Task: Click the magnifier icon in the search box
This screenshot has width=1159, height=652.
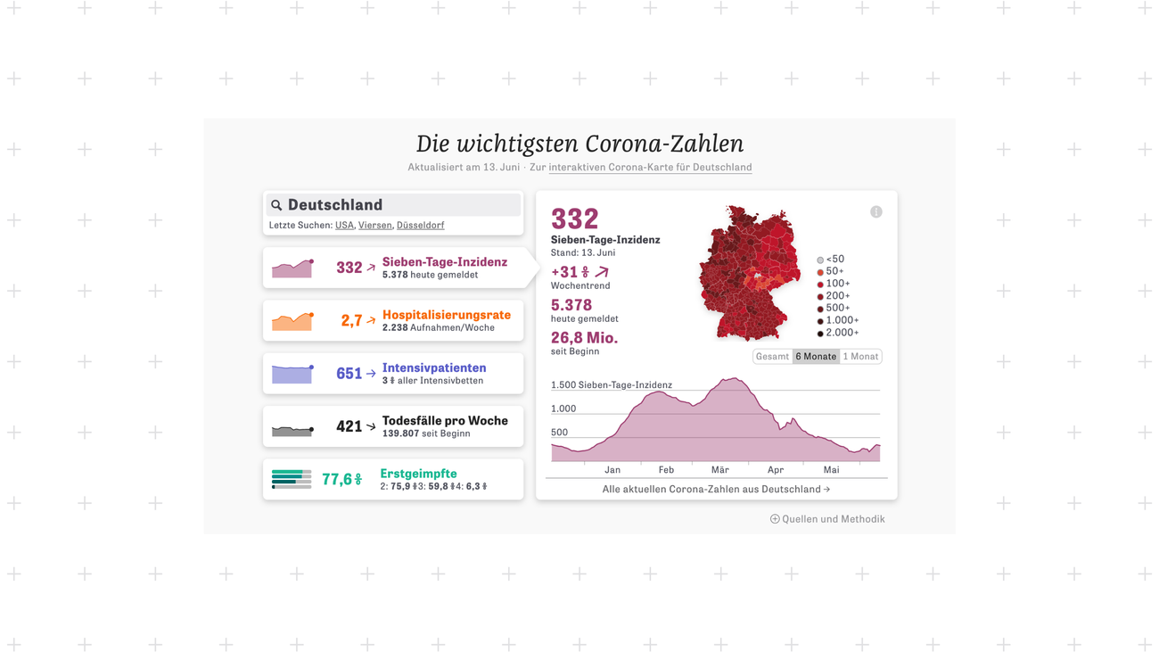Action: coord(276,205)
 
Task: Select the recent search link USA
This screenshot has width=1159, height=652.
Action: coord(344,226)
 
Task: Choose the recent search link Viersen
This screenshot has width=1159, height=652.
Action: coord(374,226)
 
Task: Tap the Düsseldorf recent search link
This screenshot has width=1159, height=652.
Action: coord(420,226)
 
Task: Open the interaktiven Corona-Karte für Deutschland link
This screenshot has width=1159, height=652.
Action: coord(650,168)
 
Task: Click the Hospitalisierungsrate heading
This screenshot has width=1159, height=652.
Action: coord(446,315)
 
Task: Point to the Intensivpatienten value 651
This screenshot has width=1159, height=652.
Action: coord(349,374)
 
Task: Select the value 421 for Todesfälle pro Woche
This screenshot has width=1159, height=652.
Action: coord(349,427)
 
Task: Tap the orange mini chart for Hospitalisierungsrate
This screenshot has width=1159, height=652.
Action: coord(292,321)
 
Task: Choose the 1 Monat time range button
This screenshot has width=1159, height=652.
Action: coord(860,357)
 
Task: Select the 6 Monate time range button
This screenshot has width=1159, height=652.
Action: coord(816,357)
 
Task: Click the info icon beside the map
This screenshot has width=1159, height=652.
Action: coord(876,212)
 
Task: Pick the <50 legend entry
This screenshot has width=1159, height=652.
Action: coord(831,260)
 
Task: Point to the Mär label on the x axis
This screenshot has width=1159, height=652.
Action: coord(719,470)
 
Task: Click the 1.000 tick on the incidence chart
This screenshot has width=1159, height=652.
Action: coord(563,409)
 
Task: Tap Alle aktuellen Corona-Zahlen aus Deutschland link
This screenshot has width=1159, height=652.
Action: coord(716,490)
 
